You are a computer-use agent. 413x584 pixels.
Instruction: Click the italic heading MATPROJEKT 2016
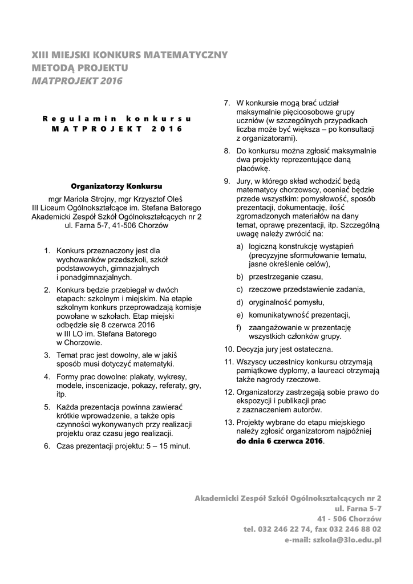click(77, 81)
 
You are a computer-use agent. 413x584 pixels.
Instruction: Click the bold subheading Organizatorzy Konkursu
click(116, 186)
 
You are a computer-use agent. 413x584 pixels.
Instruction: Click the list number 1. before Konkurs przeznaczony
click(47, 250)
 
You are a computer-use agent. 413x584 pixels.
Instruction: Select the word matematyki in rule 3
click(153, 364)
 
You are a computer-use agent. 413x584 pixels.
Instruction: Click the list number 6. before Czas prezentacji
click(47, 445)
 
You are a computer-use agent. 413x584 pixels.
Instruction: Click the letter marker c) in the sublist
click(240, 289)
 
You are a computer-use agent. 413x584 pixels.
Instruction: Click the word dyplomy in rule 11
click(294, 371)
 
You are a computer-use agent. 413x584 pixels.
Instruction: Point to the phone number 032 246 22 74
click(284, 529)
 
